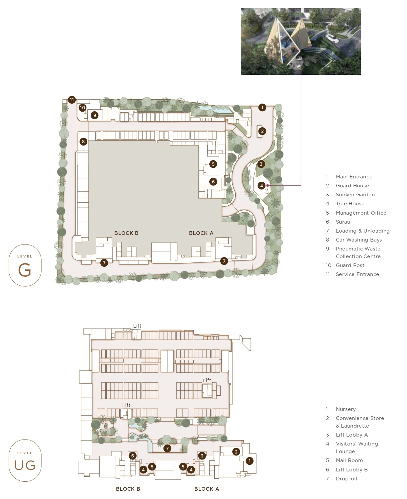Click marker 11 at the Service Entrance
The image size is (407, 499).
tap(72, 100)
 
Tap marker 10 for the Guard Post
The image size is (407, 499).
tap(82, 108)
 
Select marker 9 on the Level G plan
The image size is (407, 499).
tap(95, 115)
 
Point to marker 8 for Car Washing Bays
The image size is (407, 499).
tap(83, 142)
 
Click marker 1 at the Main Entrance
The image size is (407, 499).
tap(262, 107)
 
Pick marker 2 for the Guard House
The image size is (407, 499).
tap(262, 131)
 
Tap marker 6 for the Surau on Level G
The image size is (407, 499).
tap(213, 182)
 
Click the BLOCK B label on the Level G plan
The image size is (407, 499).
tap(126, 233)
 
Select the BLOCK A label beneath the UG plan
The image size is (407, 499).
tap(207, 489)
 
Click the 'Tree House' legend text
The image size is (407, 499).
tap(350, 203)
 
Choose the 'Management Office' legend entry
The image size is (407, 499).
tap(361, 213)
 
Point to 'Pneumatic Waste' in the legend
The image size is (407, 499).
tap(358, 249)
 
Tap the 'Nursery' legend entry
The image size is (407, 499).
tap(346, 409)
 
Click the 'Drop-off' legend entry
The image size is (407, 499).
tap(347, 479)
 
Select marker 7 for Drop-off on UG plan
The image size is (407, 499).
tap(167, 449)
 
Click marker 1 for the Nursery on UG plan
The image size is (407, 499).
tap(250, 461)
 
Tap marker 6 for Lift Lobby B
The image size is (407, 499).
tap(133, 456)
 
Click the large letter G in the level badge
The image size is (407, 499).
tap(25, 270)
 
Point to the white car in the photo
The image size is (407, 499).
tap(332, 39)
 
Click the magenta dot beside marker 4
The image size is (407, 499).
tap(268, 185)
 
